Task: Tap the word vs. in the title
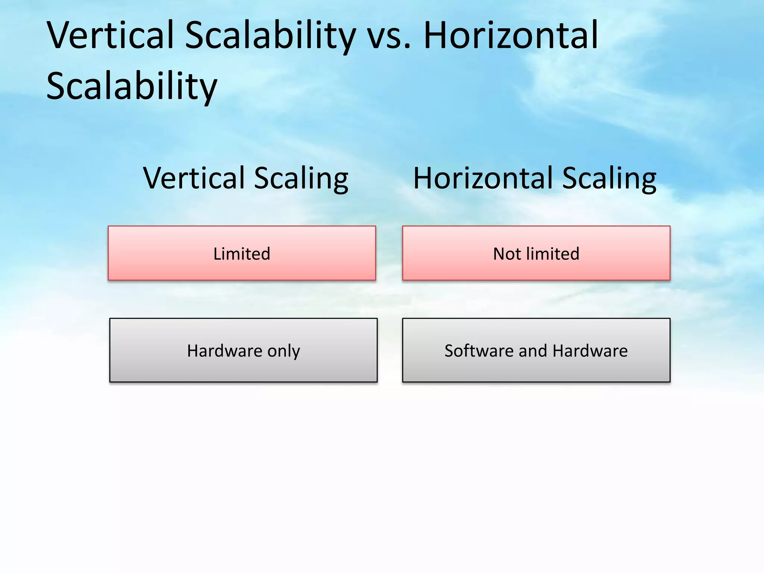389,36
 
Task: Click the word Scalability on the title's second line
131,86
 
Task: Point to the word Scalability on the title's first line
270,36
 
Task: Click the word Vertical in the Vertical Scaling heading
193,178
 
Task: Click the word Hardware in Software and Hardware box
590,351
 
